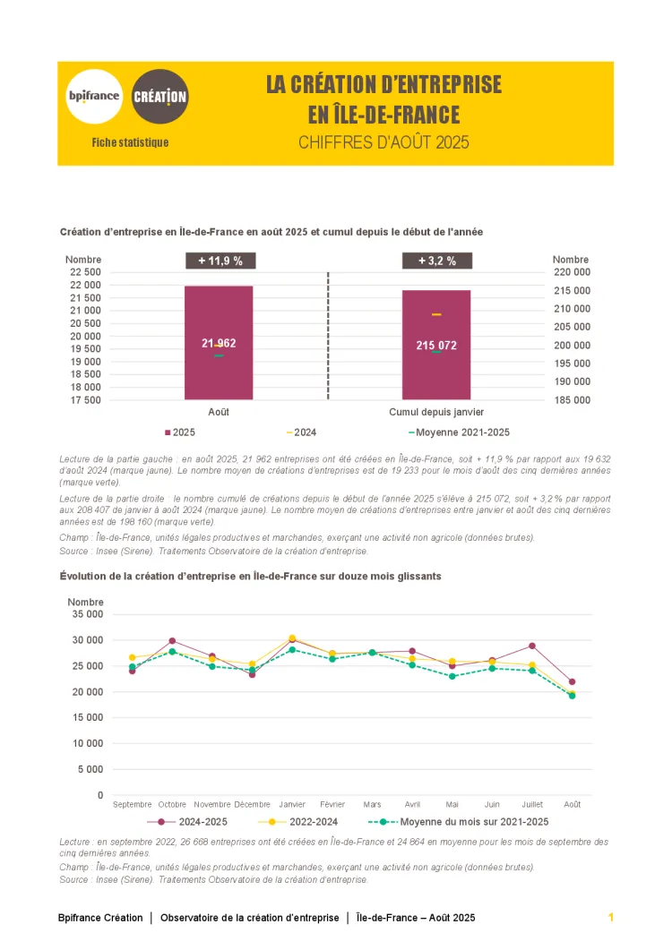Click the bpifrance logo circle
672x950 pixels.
[x=94, y=95]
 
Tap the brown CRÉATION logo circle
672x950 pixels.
[x=160, y=96]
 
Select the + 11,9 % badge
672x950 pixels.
[x=220, y=261]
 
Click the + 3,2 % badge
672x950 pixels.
[x=436, y=261]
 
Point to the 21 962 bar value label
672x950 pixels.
[x=220, y=343]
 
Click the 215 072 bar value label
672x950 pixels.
[x=436, y=345]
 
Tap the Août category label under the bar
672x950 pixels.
[x=219, y=412]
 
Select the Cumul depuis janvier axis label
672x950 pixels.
[x=436, y=412]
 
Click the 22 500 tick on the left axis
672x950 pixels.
[x=85, y=272]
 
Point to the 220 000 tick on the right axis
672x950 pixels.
[x=571, y=272]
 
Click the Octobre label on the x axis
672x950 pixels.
[x=172, y=804]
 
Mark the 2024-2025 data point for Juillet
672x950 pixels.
[x=531, y=646]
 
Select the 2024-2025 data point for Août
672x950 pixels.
[x=572, y=682]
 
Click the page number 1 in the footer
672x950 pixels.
[x=610, y=917]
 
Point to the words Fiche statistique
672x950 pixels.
[x=130, y=142]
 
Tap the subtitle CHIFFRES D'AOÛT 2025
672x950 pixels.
[x=383, y=142]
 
